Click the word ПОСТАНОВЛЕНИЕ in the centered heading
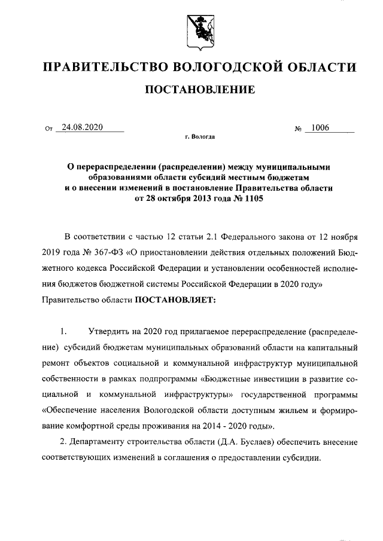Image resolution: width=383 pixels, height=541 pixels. click(200, 91)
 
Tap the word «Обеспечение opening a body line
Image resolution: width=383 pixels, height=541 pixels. click(74, 411)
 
